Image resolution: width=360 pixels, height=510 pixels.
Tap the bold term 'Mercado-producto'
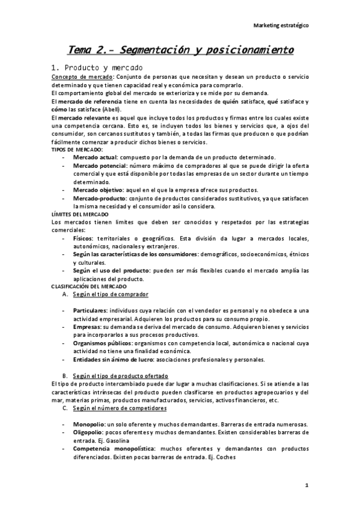98,197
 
